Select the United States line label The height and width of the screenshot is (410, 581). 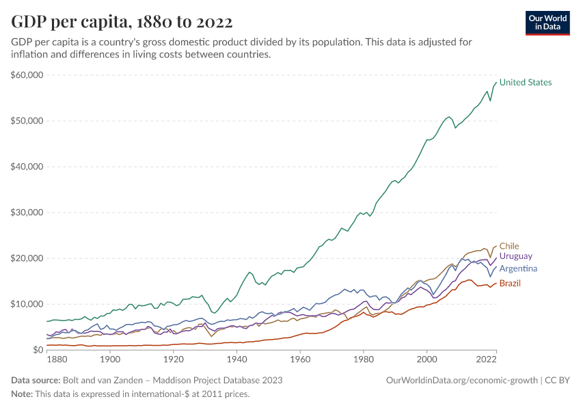pos(525,83)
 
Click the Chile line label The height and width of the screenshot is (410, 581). pos(509,246)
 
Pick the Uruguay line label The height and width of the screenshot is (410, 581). pos(516,256)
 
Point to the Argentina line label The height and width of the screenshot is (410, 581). pos(518,269)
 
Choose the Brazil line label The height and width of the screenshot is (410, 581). pos(511,283)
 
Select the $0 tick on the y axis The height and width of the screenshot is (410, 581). pos(38,350)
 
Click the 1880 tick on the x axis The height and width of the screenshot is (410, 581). pos(57,359)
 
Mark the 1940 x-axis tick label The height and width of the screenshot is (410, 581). pos(237,359)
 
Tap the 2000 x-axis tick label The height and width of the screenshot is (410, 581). pos(427,359)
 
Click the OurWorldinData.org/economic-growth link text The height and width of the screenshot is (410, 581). pos(463,380)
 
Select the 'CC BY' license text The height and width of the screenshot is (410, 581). pos(558,380)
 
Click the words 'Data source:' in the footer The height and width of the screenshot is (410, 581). pos(36,380)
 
